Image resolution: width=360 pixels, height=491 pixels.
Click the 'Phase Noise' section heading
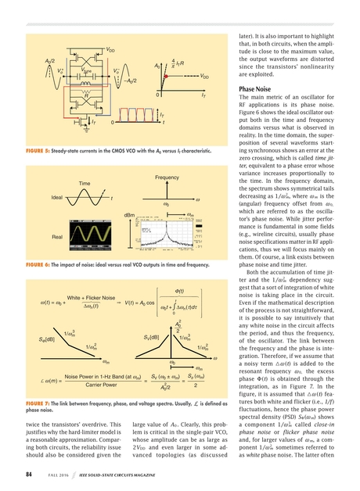pyautogui.click(x=257, y=90)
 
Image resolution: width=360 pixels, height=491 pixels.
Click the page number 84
pyautogui.click(x=31, y=472)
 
